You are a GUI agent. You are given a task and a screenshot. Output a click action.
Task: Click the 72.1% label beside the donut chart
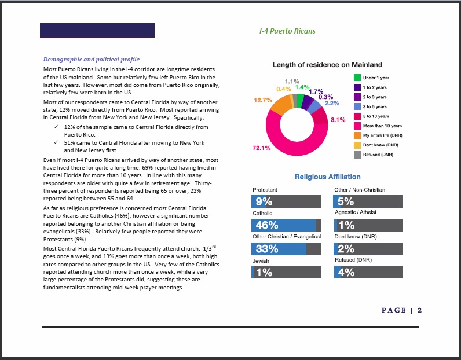point(261,148)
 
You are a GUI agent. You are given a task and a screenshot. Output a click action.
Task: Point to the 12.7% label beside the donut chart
point(263,100)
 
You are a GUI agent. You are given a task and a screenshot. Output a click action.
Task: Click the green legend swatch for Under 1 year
point(357,78)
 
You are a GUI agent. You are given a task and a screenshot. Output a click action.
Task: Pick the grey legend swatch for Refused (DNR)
point(357,155)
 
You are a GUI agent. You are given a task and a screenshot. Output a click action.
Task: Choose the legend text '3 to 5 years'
point(375,106)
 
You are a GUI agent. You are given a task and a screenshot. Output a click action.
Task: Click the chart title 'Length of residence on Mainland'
point(327,65)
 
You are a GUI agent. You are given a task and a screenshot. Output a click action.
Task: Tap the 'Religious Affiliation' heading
point(328,177)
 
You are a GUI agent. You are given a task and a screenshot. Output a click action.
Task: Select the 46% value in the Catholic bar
point(266,225)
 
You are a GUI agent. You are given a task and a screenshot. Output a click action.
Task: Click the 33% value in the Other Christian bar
point(266,249)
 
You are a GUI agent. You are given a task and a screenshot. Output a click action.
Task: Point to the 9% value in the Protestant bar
point(264,201)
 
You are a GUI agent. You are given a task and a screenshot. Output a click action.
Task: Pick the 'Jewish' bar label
point(261,261)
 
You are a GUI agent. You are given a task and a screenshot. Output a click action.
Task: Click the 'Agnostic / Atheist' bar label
point(356,212)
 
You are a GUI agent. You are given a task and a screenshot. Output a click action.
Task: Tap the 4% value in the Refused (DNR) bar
point(346,273)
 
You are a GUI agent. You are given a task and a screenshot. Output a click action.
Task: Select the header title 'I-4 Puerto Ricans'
point(287,31)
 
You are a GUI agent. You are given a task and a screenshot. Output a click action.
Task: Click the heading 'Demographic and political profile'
point(92,60)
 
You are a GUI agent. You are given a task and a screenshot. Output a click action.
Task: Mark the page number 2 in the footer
point(419,310)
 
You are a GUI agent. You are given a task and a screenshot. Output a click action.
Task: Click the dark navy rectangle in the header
point(97,30)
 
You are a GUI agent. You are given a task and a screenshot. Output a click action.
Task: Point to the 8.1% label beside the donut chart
point(338,120)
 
